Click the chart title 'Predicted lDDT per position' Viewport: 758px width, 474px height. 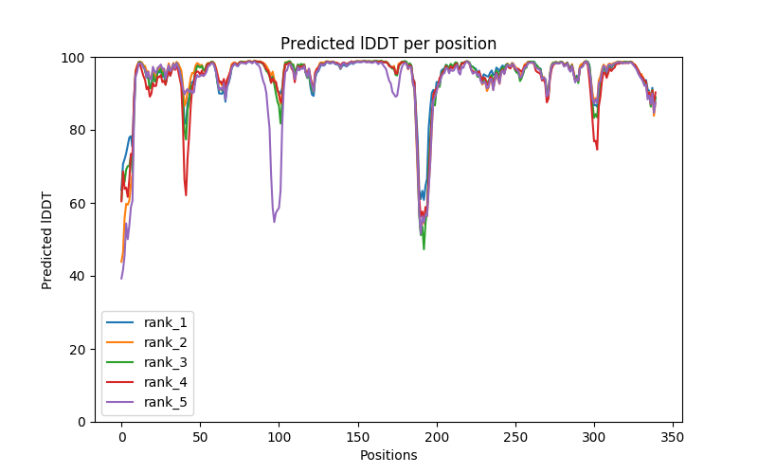pyautogui.click(x=388, y=44)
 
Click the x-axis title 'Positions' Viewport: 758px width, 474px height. pyautogui.click(x=388, y=455)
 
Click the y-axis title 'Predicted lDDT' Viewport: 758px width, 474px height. pyautogui.click(x=47, y=240)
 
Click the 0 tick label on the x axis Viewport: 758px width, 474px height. pyautogui.click(x=121, y=437)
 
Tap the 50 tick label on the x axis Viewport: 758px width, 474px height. pyautogui.click(x=200, y=437)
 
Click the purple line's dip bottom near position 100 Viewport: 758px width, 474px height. pyautogui.click(x=274, y=222)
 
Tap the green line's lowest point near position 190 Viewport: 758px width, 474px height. pyautogui.click(x=424, y=248)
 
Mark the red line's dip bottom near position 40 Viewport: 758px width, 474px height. pyautogui.click(x=186, y=195)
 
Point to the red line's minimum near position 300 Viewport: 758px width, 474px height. pyautogui.click(x=597, y=150)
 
